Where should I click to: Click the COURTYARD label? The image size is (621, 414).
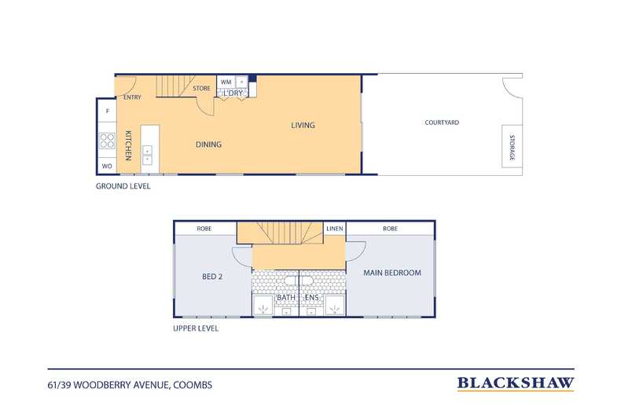coord(442,123)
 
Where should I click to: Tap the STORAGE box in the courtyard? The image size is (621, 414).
coord(512,146)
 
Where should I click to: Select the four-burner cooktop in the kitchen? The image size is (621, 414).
coord(107,141)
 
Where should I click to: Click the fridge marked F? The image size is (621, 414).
coord(108,112)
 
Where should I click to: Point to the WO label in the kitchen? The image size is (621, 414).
coord(107,167)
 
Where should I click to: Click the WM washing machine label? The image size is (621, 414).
coord(226,82)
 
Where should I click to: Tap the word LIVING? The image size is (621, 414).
coord(303,125)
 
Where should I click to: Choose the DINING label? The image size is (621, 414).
coord(209,145)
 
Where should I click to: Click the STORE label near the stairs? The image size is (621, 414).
coord(201,88)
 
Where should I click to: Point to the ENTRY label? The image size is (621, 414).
coord(132,97)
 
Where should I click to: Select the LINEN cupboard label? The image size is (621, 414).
coord(335,229)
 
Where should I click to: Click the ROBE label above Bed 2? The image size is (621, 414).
coord(204,229)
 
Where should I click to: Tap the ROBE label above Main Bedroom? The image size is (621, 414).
coord(391,229)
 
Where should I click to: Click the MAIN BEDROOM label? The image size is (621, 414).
coord(392,273)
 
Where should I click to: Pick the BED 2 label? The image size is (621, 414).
coord(212,277)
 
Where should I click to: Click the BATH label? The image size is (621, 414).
coord(286,297)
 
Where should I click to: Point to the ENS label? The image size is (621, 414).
coord(312,297)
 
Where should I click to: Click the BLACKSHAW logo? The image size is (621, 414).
coord(516,383)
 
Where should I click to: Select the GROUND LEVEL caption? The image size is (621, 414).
coord(123,186)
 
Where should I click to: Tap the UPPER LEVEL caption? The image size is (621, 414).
coord(196,328)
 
